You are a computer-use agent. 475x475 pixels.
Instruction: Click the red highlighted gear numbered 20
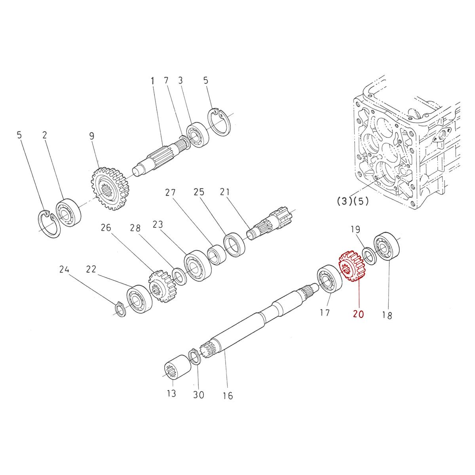click(x=352, y=266)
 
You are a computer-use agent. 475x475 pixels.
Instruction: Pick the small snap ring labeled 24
click(x=120, y=309)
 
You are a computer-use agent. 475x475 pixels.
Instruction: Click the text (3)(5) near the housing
click(x=352, y=201)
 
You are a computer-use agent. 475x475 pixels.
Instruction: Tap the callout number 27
click(x=171, y=193)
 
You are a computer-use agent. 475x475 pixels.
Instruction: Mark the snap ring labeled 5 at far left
click(x=50, y=225)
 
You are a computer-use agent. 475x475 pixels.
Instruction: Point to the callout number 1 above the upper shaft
click(x=153, y=81)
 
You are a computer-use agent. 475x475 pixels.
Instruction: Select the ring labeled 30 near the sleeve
click(x=194, y=357)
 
